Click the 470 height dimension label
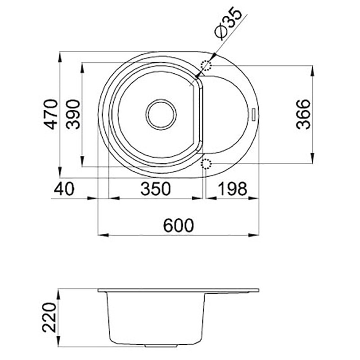50,114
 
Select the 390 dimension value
73,114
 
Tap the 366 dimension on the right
303,114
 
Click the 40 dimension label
64,189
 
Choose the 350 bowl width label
156,189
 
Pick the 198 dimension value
232,189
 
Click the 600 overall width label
179,225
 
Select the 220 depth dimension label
49,318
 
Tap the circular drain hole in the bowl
161,114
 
